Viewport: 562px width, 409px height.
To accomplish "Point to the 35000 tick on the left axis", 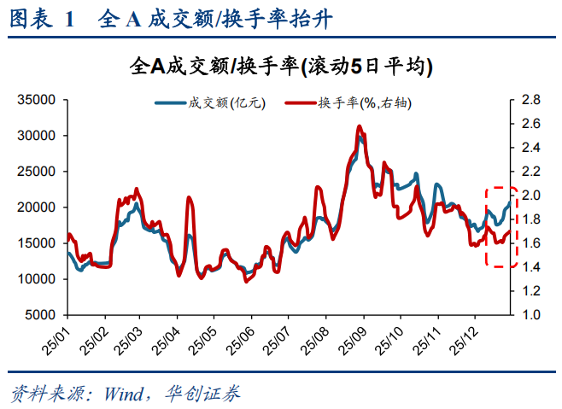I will (37, 100).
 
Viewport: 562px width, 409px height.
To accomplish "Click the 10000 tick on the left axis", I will (37, 279).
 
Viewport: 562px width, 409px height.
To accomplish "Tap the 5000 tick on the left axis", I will (40, 315).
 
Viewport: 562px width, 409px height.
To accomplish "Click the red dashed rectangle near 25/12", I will (501, 227).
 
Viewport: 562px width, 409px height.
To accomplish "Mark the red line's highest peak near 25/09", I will (359, 126).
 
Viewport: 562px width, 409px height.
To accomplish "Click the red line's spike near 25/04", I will (189, 198).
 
